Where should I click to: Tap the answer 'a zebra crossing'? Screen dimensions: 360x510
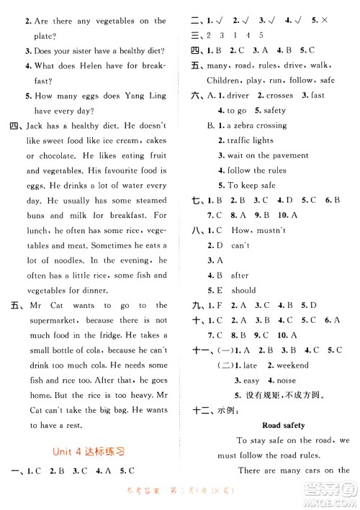pyautogui.click(x=256, y=125)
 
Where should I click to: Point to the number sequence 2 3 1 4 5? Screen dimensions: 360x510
pyautogui.click(x=237, y=35)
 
